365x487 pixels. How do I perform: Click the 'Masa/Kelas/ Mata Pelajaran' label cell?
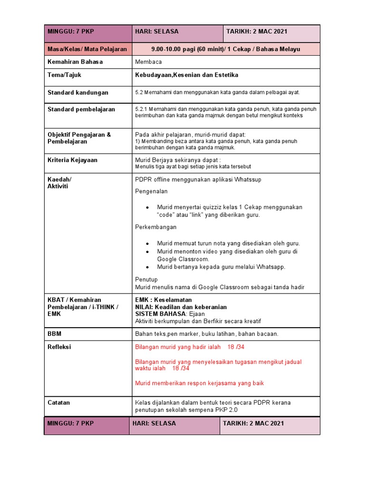(x=87, y=49)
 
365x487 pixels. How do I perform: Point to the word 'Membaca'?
(x=148, y=62)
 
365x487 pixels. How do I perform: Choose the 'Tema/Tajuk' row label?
(x=65, y=75)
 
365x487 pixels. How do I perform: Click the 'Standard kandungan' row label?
(x=78, y=92)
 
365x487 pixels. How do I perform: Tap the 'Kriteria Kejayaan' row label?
(x=72, y=160)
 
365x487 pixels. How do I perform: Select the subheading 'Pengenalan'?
(x=151, y=191)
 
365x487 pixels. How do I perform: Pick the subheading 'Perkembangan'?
(x=156, y=227)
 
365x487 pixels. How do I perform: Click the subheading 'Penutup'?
(x=146, y=280)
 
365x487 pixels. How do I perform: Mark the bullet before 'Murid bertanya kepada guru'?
(x=148, y=267)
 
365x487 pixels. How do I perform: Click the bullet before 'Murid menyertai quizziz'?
(x=148, y=208)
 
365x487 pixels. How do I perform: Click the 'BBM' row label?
(x=55, y=334)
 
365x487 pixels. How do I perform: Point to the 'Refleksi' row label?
(x=59, y=347)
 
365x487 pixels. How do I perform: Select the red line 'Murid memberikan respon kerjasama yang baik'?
(x=200, y=383)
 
